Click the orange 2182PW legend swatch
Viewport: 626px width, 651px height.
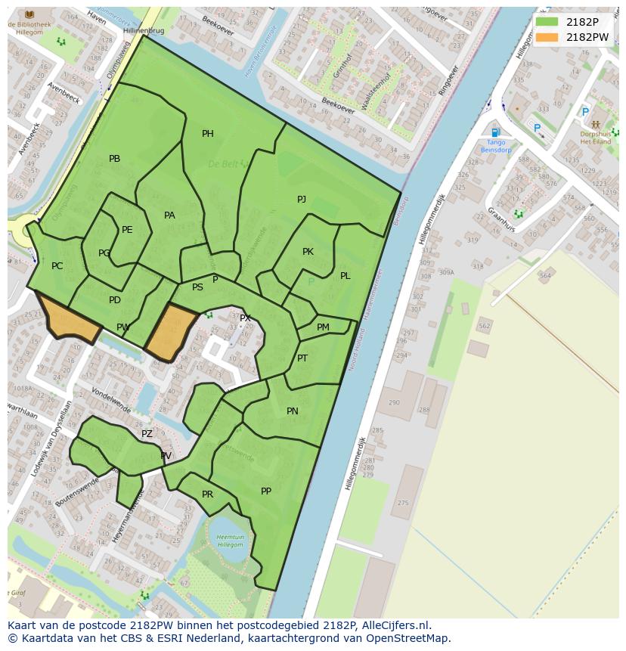pyautogui.click(x=547, y=37)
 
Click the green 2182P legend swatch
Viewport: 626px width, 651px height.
pyautogui.click(x=547, y=22)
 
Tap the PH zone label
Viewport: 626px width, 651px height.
pyautogui.click(x=207, y=134)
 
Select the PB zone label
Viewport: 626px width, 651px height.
pyautogui.click(x=114, y=159)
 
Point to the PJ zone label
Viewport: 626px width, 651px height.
pyautogui.click(x=301, y=199)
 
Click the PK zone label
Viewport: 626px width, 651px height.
pyautogui.click(x=308, y=252)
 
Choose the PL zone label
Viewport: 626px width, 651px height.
pyautogui.click(x=345, y=276)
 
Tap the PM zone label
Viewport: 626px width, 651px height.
pyautogui.click(x=323, y=327)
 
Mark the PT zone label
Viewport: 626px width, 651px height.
pyautogui.click(x=302, y=358)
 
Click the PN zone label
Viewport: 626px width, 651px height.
pyautogui.click(x=293, y=411)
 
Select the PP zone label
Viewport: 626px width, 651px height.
pyautogui.click(x=266, y=491)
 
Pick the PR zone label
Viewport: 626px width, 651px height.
pyautogui.click(x=207, y=494)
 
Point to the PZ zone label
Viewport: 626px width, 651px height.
pyautogui.click(x=147, y=434)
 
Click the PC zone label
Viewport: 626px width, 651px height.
pyautogui.click(x=57, y=266)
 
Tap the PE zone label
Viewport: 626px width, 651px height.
pyautogui.click(x=127, y=230)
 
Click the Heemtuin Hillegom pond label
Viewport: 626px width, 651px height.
pyautogui.click(x=230, y=541)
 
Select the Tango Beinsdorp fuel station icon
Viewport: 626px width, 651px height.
pyautogui.click(x=494, y=133)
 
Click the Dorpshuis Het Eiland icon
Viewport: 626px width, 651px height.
pyautogui.click(x=596, y=124)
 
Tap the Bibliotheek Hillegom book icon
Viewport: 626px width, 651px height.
pyautogui.click(x=29, y=14)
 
